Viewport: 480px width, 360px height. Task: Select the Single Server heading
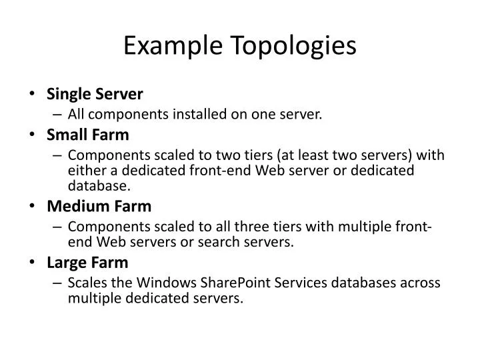tap(95, 95)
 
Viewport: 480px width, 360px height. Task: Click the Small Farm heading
tap(88, 135)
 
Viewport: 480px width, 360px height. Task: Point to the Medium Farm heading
tap(99, 206)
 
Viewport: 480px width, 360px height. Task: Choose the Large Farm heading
tap(87, 263)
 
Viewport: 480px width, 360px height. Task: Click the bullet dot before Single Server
tap(33, 95)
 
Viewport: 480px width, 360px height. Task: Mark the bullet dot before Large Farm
tap(33, 263)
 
